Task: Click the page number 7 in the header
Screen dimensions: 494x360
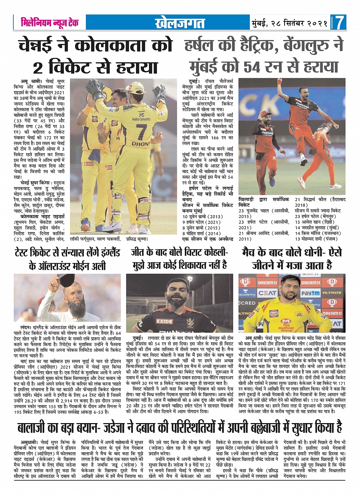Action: (x=339, y=22)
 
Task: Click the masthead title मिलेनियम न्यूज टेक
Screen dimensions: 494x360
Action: (x=50, y=22)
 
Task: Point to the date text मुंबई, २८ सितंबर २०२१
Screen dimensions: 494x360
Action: (x=290, y=23)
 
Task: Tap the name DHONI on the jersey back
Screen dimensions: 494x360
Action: (x=140, y=144)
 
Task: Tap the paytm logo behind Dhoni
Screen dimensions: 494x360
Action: (x=310, y=293)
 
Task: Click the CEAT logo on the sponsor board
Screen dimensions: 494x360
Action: (x=267, y=293)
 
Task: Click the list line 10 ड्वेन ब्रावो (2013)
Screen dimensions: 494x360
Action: (x=202, y=217)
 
